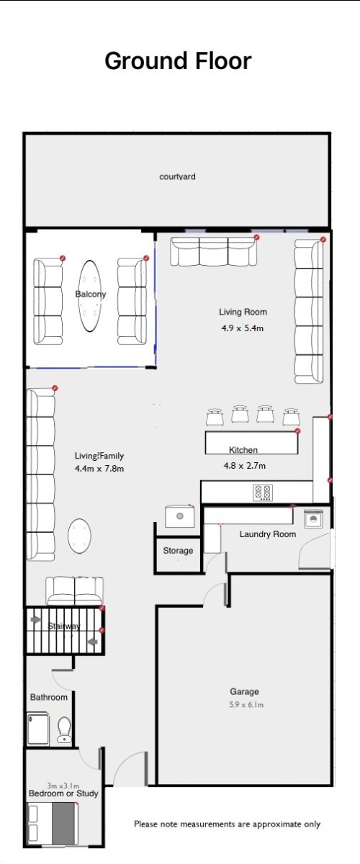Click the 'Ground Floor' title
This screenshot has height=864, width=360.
pyautogui.click(x=179, y=61)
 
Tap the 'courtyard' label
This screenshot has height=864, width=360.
pyautogui.click(x=178, y=176)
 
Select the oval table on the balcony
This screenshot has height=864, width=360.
pyautogui.click(x=90, y=296)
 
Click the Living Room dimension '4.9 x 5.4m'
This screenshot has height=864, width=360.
pyautogui.click(x=243, y=328)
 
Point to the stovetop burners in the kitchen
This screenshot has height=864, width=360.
pyautogui.click(x=263, y=492)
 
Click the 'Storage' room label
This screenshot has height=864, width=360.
pyautogui.click(x=178, y=550)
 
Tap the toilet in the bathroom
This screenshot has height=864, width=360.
pyautogui.click(x=64, y=729)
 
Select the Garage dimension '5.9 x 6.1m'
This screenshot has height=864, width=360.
pyautogui.click(x=246, y=705)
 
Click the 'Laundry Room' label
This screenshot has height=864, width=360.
pyautogui.click(x=268, y=534)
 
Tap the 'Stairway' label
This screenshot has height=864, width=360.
pyautogui.click(x=64, y=626)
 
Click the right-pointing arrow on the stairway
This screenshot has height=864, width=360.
pyautogui.click(x=36, y=619)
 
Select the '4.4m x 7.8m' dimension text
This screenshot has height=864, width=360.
pyautogui.click(x=99, y=469)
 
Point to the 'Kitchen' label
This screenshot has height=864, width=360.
pyautogui.click(x=243, y=450)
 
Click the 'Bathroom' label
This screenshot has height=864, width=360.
pyautogui.click(x=49, y=698)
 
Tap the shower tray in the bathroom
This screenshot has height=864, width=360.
pyautogui.click(x=39, y=729)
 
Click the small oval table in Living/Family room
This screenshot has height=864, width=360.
pyautogui.click(x=79, y=536)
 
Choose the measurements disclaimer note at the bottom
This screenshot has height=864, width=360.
pyautogui.click(x=228, y=824)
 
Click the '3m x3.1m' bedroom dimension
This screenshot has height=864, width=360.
pyautogui.click(x=63, y=786)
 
